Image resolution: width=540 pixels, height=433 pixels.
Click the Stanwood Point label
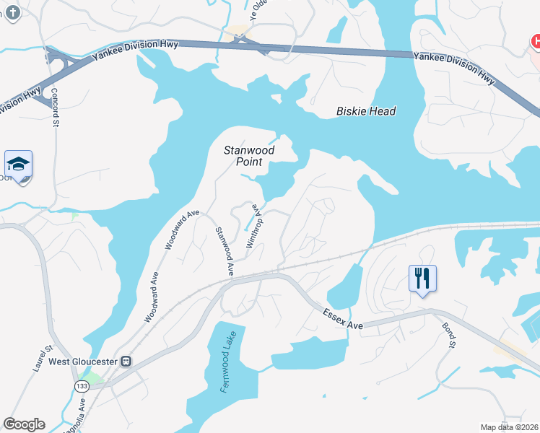[248, 156]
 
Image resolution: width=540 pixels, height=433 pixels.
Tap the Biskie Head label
[366, 111]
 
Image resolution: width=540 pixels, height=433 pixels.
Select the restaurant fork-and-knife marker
[422, 278]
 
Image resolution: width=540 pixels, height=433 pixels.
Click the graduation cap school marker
[18, 164]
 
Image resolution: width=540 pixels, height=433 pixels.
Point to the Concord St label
[55, 108]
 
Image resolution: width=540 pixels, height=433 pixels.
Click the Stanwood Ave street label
[224, 251]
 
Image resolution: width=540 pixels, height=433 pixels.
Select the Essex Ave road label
[342, 320]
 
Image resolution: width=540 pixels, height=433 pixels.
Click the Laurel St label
[39, 358]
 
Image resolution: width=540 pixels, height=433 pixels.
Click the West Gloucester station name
[83, 361]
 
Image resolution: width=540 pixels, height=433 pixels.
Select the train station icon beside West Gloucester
[126, 361]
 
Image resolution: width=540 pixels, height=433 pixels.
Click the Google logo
[24, 424]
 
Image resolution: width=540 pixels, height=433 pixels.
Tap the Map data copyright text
[510, 427]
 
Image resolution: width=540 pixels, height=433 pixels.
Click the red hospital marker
[536, 42]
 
